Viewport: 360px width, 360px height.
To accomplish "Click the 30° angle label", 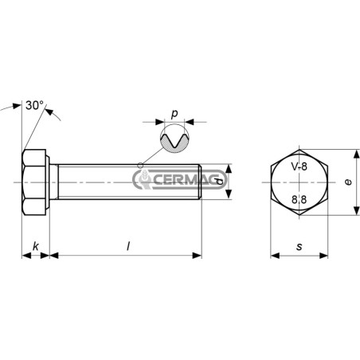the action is pyautogui.click(x=34, y=105).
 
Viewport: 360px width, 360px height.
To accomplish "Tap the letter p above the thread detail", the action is pyautogui.click(x=174, y=114).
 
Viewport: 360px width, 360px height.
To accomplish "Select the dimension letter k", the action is pyautogui.click(x=36, y=246).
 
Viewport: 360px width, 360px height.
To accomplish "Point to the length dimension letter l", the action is pyautogui.click(x=128, y=246).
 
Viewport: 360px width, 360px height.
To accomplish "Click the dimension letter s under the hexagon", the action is pyautogui.click(x=299, y=247).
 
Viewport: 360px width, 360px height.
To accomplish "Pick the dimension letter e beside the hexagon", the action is pyautogui.click(x=348, y=182).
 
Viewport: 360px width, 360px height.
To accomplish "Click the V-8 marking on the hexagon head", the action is pyautogui.click(x=299, y=166).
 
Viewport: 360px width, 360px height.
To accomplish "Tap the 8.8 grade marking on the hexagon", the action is pyautogui.click(x=299, y=199).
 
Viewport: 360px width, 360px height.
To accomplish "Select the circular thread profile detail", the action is pyautogui.click(x=174, y=139).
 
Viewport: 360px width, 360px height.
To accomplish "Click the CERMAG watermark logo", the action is pyautogui.click(x=180, y=179).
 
